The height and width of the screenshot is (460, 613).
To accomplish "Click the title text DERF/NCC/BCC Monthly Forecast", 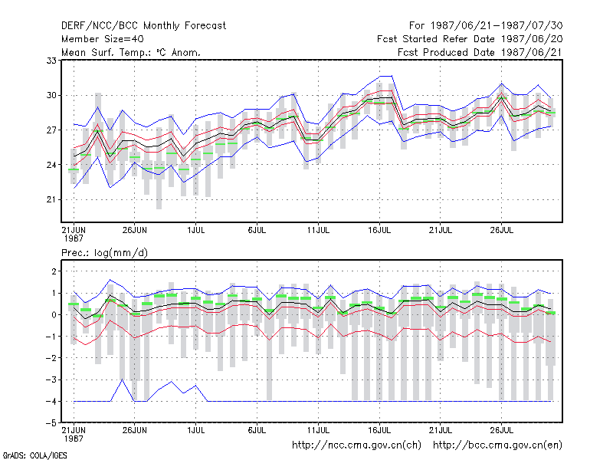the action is [x=143, y=26].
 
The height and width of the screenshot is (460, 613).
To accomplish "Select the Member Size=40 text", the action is [x=103, y=39].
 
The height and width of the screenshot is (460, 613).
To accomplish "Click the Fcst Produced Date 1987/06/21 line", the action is [x=480, y=52].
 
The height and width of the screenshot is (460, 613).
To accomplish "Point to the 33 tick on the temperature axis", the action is [x=51, y=61].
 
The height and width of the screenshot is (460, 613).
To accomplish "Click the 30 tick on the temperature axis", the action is [x=51, y=95].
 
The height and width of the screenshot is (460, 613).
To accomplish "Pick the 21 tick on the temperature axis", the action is [x=51, y=199].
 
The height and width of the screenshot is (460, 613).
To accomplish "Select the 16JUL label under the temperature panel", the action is [x=379, y=230].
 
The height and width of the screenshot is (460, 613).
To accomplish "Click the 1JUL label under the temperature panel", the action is [x=196, y=230].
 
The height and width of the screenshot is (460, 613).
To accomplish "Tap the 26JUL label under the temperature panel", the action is [x=502, y=230].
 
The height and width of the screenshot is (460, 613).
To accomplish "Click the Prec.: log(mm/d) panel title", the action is [x=104, y=253].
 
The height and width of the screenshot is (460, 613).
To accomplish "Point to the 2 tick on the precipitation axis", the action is [x=54, y=271].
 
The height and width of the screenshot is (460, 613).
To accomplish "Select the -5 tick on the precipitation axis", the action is [x=51, y=423].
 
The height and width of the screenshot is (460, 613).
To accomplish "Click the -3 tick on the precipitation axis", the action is [x=51, y=379].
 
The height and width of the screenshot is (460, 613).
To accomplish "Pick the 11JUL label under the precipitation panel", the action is [x=318, y=430].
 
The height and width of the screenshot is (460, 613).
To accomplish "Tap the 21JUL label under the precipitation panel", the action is [x=441, y=430].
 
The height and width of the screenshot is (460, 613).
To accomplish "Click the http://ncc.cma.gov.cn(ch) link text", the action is [x=356, y=445].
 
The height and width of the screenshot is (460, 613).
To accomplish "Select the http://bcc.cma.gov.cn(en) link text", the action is [x=497, y=445].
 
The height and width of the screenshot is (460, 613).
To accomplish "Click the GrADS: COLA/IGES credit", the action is [x=34, y=455].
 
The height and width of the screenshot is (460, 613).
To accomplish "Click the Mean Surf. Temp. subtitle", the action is [x=131, y=52].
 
